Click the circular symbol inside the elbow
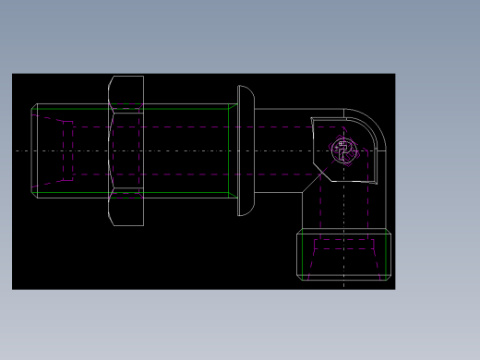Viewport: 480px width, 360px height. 343,150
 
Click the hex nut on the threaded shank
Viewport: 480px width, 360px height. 126,150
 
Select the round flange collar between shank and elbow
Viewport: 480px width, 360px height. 245,150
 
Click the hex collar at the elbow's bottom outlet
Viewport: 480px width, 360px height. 343,255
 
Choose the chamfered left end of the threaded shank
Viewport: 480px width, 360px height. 34,150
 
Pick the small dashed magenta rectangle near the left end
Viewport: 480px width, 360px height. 67,150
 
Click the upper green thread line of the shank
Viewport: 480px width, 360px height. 175,109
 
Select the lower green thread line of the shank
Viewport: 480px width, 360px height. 175,193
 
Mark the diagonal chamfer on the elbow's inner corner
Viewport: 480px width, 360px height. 314,181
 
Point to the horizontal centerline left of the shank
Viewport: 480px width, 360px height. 22,150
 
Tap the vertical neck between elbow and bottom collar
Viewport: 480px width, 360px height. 343,208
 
